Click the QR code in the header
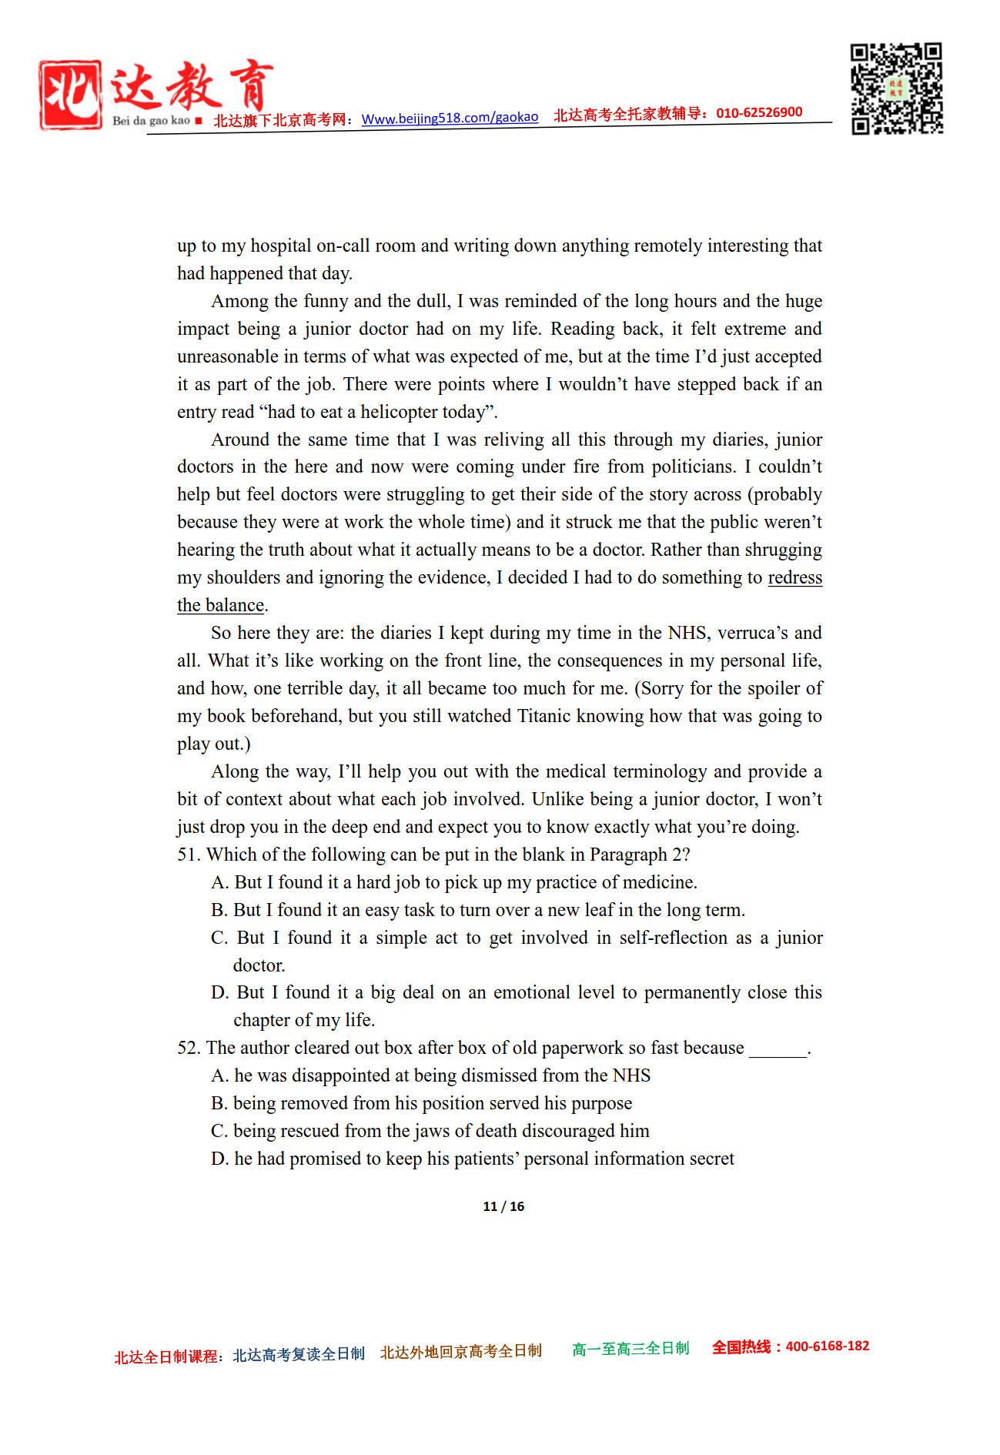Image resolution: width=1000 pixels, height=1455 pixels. point(897,89)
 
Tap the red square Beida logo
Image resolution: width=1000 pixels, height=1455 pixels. point(70,95)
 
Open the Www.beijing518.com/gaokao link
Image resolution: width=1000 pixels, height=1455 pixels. point(450,118)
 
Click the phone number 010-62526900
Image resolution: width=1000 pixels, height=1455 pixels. point(759,112)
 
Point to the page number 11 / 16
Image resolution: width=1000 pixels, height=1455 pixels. point(503,1206)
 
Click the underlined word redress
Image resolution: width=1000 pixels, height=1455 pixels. point(794,577)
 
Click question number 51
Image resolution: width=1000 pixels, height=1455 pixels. point(189,855)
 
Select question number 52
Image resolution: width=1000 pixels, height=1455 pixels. point(189,1048)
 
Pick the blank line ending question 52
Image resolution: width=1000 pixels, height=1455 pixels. point(778,1051)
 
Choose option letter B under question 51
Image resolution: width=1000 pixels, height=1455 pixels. point(219,910)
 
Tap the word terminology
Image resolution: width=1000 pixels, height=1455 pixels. point(661,771)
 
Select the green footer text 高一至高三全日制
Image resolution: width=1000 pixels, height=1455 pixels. point(630,1349)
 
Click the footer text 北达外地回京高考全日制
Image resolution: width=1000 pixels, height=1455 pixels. point(460,1351)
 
